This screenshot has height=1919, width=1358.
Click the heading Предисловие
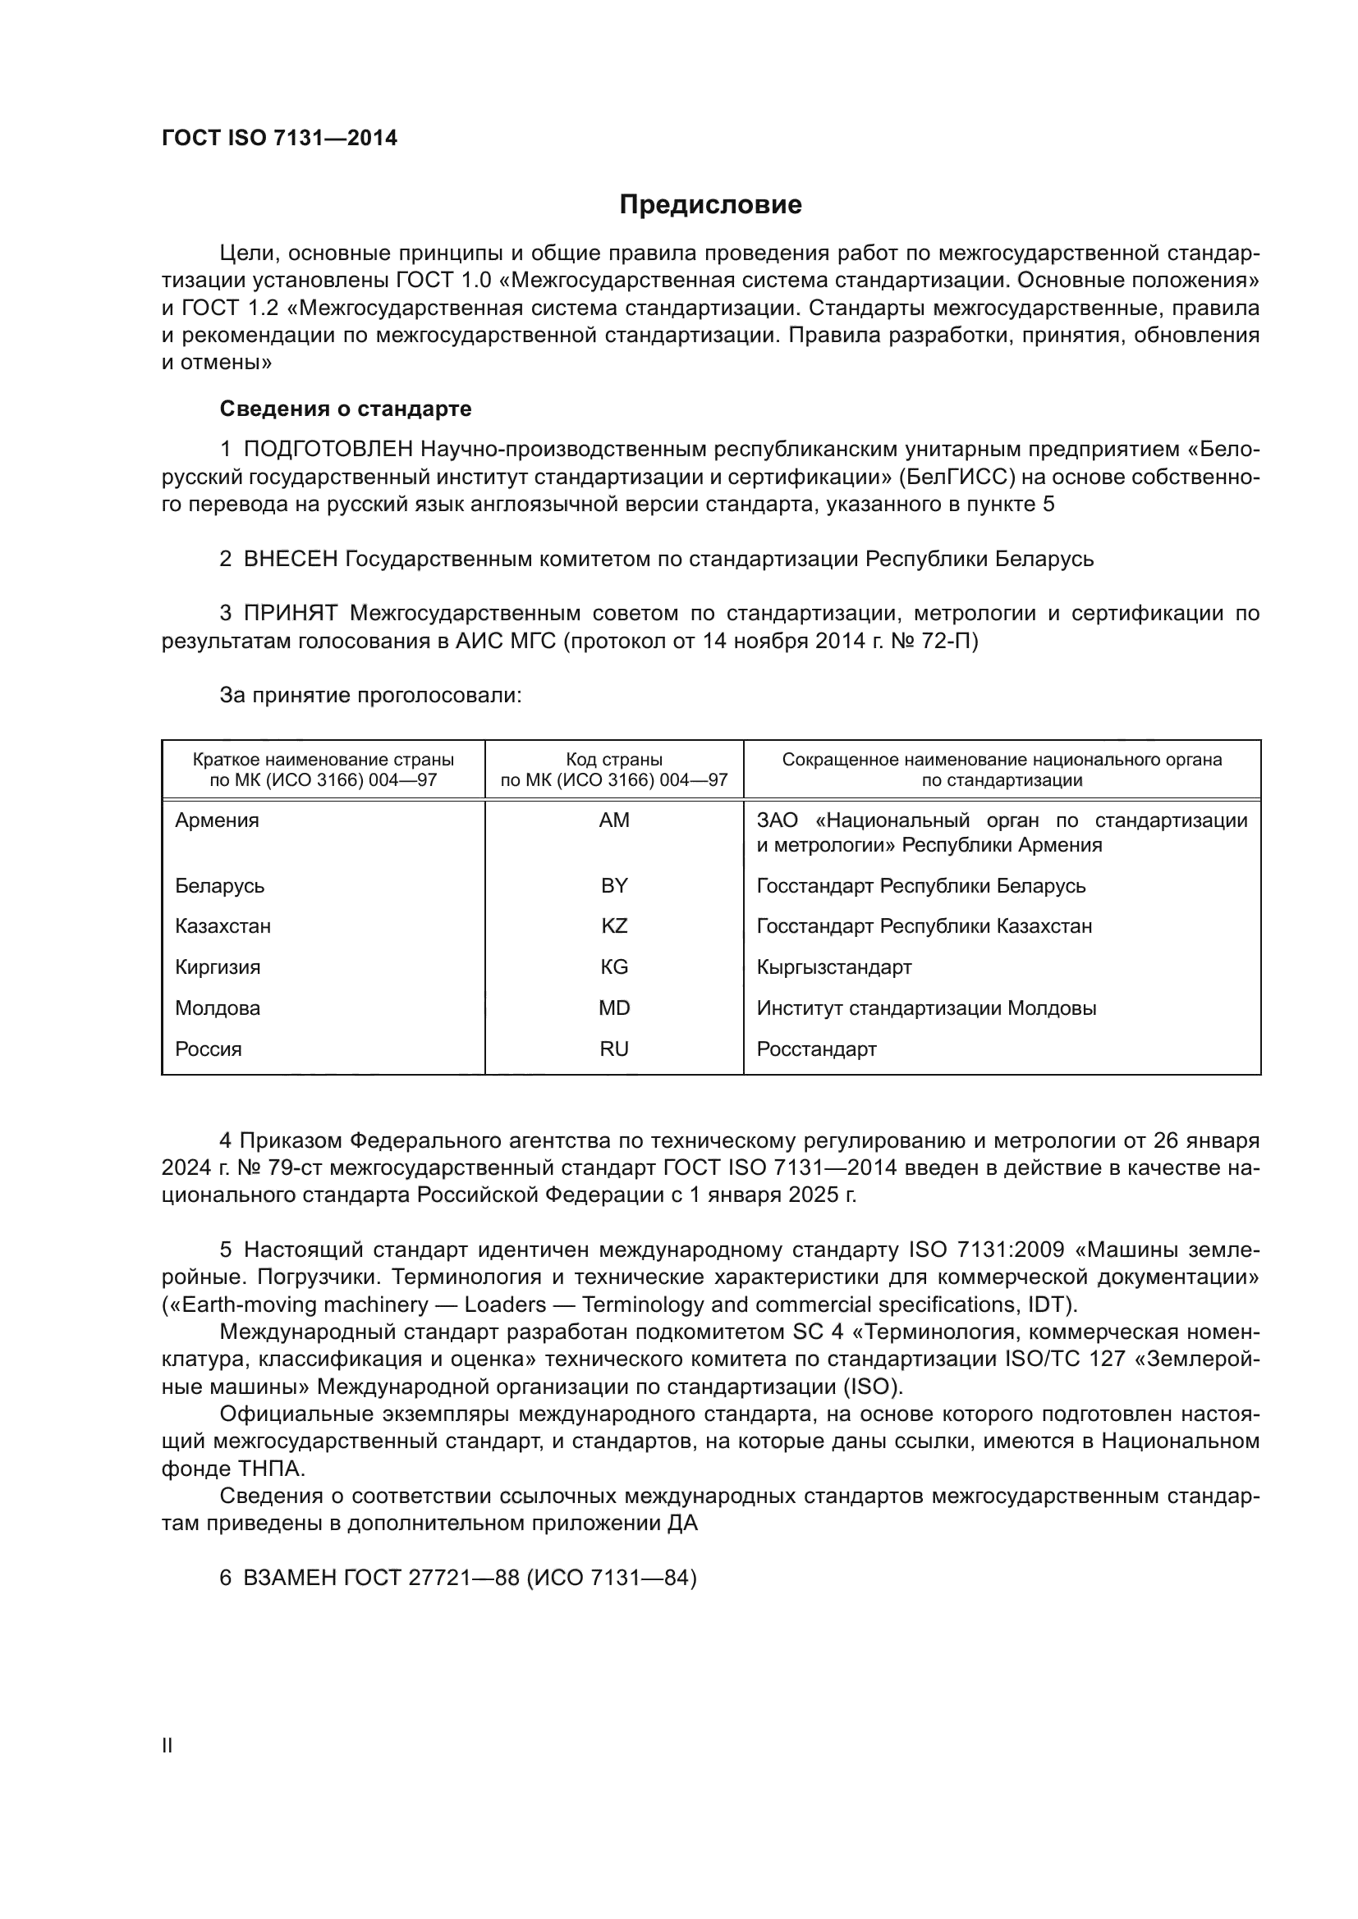pos(710,205)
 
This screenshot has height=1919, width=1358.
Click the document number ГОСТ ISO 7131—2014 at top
pos(279,139)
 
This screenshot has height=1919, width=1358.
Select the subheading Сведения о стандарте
pos(346,409)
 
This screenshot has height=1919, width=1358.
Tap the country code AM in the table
pos(614,820)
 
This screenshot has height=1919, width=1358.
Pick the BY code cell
pos(614,885)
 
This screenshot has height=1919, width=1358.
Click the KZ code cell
pos(614,926)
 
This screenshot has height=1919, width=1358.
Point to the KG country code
pos(614,967)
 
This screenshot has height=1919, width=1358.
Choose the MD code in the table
pos(614,1008)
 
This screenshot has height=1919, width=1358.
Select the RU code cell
pos(614,1049)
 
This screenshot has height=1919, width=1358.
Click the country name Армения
pos(217,820)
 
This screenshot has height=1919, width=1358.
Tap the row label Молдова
pos(218,1008)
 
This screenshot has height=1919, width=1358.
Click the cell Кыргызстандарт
pos(833,967)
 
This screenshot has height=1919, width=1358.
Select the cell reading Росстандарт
pos(816,1049)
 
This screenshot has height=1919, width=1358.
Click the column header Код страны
pos(614,760)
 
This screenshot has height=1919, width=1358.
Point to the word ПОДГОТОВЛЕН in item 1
pos(328,450)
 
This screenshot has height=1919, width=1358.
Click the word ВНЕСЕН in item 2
pos(290,560)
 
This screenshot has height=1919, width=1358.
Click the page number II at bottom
pos(167,1745)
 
